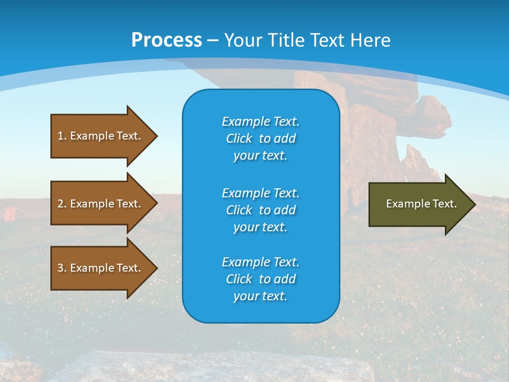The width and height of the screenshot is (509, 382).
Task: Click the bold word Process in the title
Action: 166,40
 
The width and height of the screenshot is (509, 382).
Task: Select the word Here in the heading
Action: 371,40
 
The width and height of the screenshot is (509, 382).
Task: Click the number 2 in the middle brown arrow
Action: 60,204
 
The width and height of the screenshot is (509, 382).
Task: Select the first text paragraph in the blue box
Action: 260,138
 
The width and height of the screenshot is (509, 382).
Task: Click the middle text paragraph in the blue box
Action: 260,210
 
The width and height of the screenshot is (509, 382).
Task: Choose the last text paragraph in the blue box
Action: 260,279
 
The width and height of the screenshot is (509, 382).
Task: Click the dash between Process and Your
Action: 213,40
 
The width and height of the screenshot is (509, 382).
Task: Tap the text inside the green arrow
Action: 421,204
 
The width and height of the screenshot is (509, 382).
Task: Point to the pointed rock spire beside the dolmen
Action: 414,159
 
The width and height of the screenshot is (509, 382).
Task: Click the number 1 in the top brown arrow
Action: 60,136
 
